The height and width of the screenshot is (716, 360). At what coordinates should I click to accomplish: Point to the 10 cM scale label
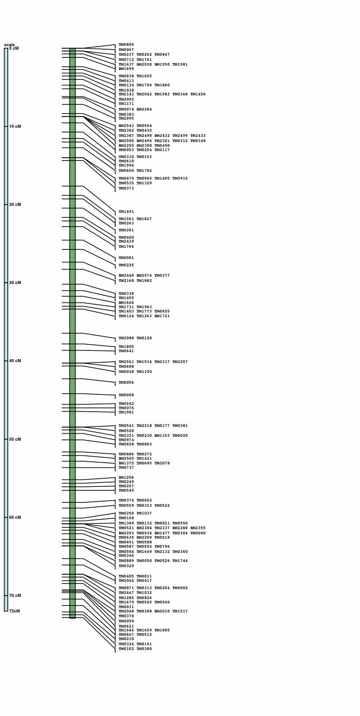(x=15, y=126)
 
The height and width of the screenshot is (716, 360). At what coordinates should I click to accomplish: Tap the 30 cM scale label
(x=15, y=283)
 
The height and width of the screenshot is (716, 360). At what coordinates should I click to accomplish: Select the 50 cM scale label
(x=15, y=439)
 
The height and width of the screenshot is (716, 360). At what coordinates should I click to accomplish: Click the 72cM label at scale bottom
(x=15, y=611)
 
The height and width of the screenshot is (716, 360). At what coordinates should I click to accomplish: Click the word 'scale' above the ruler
(x=9, y=44)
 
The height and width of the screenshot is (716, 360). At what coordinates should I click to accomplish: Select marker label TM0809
(x=126, y=45)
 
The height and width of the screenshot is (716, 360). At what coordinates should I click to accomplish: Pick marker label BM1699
(x=126, y=69)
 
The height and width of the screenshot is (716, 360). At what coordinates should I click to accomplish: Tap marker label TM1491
(x=126, y=212)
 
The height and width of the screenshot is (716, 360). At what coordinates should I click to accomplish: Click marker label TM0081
(x=126, y=258)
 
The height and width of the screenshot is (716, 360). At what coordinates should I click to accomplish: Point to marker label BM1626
(x=126, y=303)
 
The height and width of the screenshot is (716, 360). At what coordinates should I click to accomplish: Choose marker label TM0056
(x=126, y=383)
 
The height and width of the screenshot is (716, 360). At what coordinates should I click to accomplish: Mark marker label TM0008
(x=126, y=395)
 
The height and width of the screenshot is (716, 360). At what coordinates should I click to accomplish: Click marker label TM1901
(x=126, y=413)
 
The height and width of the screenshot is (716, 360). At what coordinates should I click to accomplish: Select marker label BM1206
(x=126, y=478)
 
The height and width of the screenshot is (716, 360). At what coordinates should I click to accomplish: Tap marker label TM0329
(x=126, y=566)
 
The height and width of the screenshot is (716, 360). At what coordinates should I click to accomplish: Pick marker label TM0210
(x=126, y=639)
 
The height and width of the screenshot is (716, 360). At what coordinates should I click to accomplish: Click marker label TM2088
(x=126, y=338)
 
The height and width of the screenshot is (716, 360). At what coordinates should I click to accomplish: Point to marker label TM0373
(x=126, y=189)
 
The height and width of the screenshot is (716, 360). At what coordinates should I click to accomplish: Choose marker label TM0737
(x=126, y=468)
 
